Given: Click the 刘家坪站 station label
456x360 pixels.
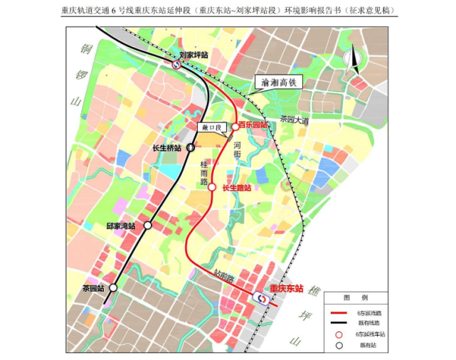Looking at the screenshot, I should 193,55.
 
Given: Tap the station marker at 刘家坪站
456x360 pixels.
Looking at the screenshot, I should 176,64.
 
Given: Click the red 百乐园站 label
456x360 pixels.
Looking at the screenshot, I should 253,125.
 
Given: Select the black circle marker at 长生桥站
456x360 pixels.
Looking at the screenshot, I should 191,148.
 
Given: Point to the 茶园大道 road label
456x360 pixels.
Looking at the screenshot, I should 294,121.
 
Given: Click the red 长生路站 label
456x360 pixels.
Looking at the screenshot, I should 237,188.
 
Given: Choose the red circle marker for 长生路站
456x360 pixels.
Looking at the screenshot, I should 212,187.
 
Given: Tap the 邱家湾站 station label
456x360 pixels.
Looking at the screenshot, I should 121,226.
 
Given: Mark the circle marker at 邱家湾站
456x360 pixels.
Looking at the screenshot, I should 148,226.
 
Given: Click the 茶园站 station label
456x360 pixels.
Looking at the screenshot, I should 92,288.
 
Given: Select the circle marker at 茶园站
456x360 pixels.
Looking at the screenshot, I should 113,288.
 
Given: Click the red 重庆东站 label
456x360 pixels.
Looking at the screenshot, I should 287,289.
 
